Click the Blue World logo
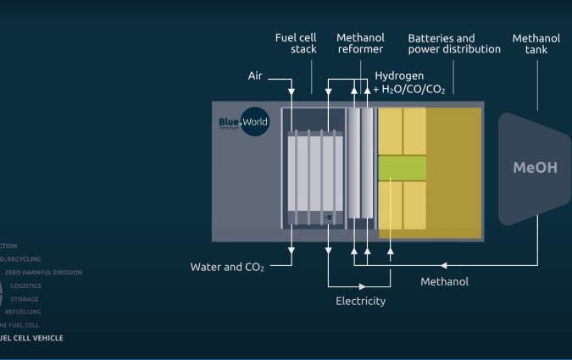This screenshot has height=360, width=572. [244, 122]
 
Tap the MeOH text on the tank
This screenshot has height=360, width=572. [535, 167]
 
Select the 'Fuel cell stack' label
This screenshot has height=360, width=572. [296, 43]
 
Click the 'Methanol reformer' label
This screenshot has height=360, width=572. [360, 43]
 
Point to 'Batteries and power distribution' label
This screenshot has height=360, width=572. [453, 43]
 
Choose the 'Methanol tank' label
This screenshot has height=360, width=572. [536, 43]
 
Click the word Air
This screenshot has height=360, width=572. [255, 75]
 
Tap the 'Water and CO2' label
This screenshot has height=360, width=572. [227, 268]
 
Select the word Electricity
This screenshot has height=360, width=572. [360, 301]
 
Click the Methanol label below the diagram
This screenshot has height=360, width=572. [444, 281]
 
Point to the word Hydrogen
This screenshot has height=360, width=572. [399, 75]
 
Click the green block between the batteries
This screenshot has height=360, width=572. [402, 167]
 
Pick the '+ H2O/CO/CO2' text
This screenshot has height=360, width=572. [409, 89]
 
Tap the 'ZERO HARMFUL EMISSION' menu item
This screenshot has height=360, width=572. [43, 272]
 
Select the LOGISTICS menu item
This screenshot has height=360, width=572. [25, 285]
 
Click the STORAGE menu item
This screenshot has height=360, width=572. [25, 299]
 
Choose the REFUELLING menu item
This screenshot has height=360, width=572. [24, 312]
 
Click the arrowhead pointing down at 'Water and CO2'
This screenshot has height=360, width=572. [292, 250]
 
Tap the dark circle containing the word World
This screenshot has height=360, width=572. [255, 122]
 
